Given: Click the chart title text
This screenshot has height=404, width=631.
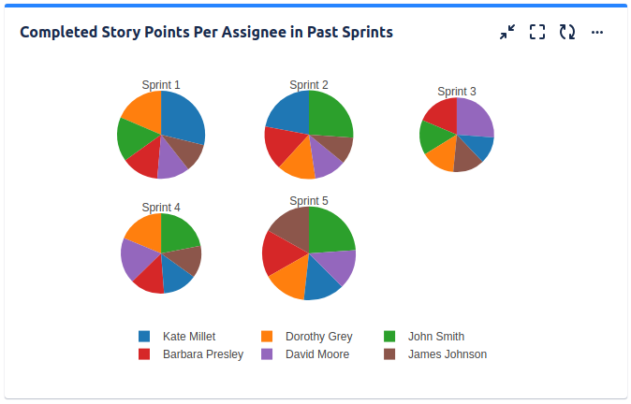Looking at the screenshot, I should pos(206,32).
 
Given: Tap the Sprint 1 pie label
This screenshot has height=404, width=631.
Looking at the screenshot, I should pos(161,85).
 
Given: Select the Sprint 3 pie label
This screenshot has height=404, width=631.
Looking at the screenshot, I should pos(457,92).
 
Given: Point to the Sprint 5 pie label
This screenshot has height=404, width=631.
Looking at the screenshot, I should pos(309,201).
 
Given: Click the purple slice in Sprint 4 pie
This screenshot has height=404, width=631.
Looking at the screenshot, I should pos(138,258).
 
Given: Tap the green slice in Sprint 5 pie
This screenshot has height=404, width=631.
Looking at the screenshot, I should pos(330,230).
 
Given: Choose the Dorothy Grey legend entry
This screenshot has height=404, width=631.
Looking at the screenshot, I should pos(318,337).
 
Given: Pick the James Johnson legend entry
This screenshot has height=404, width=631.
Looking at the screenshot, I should pos(447,354).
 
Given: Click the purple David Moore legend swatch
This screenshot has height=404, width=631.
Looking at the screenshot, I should pos(267,354).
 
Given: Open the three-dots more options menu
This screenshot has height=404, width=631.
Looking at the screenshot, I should pos(597,32).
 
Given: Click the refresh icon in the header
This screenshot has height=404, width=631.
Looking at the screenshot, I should pos(567,32).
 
